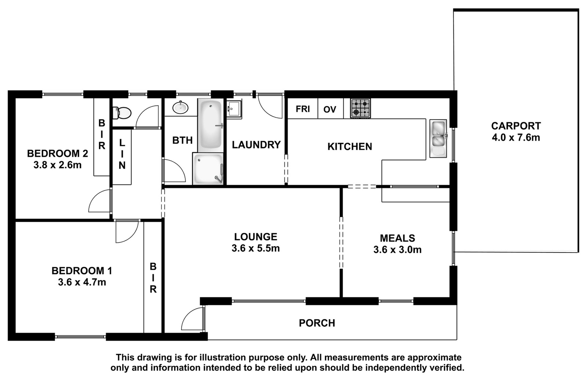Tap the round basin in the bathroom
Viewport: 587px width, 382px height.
coord(180,107)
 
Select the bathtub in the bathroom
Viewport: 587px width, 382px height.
coord(211,125)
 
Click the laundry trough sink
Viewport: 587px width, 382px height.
coord(234,109)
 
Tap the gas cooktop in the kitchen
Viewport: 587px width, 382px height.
coord(361,108)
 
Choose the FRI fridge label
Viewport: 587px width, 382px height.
coord(303,109)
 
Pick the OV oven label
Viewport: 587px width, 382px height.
coord(330,109)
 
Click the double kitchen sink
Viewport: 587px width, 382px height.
coord(438,139)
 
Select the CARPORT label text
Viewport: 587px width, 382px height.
coord(516,126)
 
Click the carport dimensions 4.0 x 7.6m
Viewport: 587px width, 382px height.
coord(516,137)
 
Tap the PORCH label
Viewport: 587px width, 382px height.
coord(317,323)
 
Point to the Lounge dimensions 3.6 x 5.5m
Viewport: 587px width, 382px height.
coord(255,248)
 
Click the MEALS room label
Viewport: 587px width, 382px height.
coord(397,238)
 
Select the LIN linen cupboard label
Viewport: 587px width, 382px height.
coord(122,154)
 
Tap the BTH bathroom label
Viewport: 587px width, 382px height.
coord(182,140)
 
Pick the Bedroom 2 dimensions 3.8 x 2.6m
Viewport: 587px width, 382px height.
coord(57,165)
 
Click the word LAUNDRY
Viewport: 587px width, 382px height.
coord(256,145)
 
